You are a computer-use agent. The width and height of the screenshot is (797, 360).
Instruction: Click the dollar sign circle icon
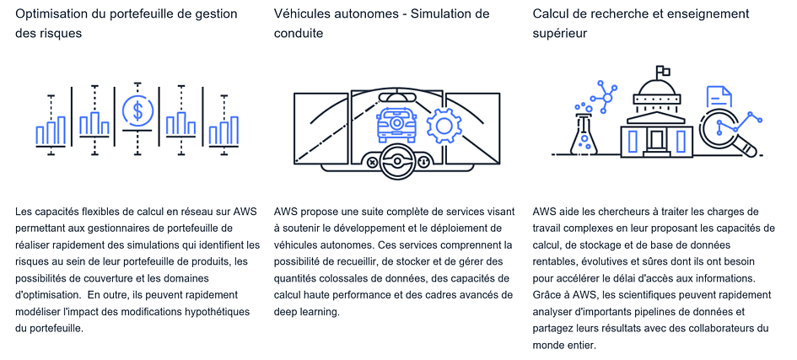(x=137, y=110)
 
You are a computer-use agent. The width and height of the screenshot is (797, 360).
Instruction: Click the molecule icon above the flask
(x=598, y=96)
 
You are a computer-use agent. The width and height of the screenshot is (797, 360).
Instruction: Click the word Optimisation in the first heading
(x=53, y=13)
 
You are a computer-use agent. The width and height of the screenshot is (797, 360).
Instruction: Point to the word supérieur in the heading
(x=560, y=32)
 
